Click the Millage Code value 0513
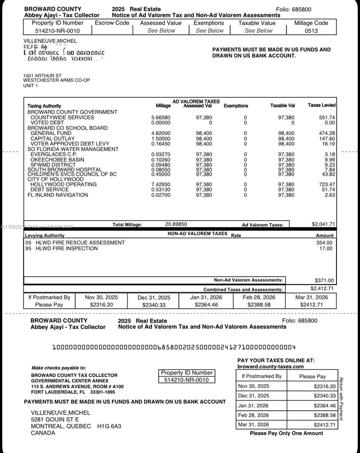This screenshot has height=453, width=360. [311, 31]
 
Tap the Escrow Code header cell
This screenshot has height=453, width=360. [112, 23]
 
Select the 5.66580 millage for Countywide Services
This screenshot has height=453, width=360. [161, 117]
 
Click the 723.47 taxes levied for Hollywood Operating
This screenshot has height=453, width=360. [327, 184]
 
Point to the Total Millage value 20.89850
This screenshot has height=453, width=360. [176, 224]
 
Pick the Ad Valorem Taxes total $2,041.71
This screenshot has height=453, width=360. [323, 224]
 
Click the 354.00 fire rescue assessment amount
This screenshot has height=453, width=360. [325, 243]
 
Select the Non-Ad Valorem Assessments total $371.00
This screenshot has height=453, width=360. [324, 280]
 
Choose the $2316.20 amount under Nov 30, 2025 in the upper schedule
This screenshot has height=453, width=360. [102, 305]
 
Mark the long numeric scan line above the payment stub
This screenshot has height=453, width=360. [174, 347]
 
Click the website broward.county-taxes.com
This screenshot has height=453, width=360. [271, 367]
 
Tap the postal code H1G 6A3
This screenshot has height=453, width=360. [109, 426]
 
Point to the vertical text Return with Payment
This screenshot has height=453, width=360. [341, 399]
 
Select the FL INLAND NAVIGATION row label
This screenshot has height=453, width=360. [58, 195]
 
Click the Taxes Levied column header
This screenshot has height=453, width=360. [322, 105]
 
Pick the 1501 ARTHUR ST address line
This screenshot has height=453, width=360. [42, 76]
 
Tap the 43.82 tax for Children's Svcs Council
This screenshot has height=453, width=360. [328, 174]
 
